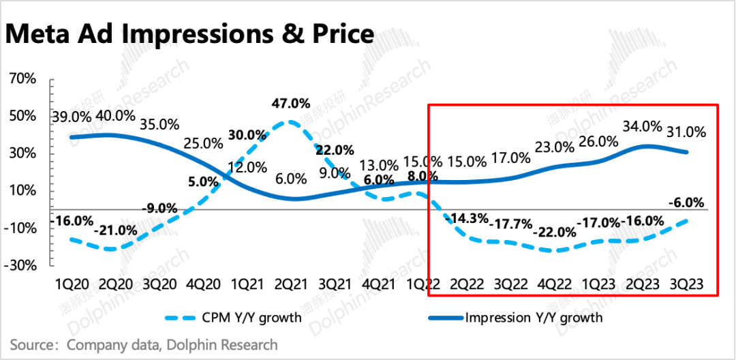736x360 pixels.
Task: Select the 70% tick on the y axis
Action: click(x=22, y=79)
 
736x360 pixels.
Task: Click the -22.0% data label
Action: click(x=557, y=232)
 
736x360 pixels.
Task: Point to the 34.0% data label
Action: click(x=642, y=126)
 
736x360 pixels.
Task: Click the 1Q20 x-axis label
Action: click(x=72, y=283)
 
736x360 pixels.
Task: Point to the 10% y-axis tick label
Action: click(x=22, y=191)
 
